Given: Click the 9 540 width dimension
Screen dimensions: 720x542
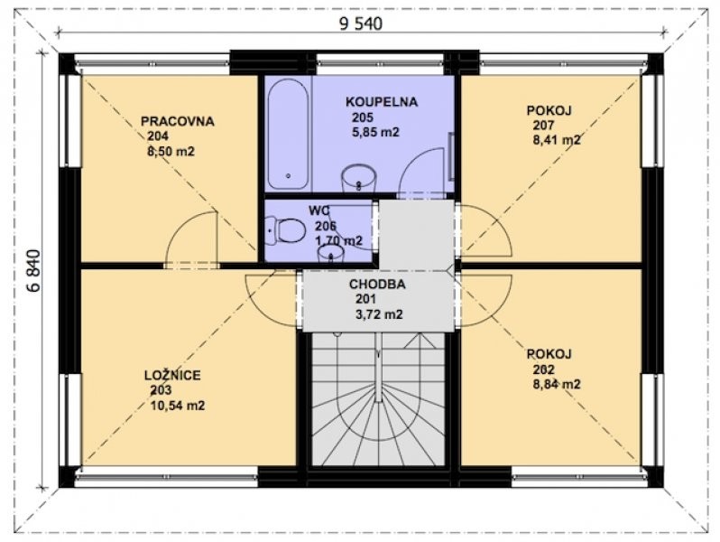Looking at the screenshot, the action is coord(361,23).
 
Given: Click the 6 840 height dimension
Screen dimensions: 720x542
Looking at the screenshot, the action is coord(34,271).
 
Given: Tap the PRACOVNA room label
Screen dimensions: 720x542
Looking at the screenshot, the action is coord(177,121).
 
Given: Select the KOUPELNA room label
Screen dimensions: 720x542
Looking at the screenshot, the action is coord(382,101).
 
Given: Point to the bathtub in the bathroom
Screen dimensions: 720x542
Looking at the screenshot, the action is coord(289,135).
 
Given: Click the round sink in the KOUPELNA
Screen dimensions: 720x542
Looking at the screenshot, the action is coord(358,178).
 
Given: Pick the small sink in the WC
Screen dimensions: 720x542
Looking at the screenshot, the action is coord(330,253).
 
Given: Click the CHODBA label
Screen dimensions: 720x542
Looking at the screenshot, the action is coord(377,285).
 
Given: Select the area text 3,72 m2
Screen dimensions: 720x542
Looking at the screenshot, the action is coord(379,314).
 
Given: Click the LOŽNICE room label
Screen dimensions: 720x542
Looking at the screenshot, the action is coord(172,375).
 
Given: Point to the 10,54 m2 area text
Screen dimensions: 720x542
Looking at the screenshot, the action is coord(177,406).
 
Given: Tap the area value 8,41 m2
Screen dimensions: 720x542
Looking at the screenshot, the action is coord(557,140).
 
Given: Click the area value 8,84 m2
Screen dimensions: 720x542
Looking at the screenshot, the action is coord(557,384).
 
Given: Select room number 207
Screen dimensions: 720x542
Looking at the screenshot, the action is coord(544,125).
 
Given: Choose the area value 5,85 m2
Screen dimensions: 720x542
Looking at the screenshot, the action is coord(375,133).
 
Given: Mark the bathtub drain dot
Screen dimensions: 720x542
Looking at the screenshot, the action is coord(289,175).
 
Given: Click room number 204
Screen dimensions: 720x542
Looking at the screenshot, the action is coord(158,136).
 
